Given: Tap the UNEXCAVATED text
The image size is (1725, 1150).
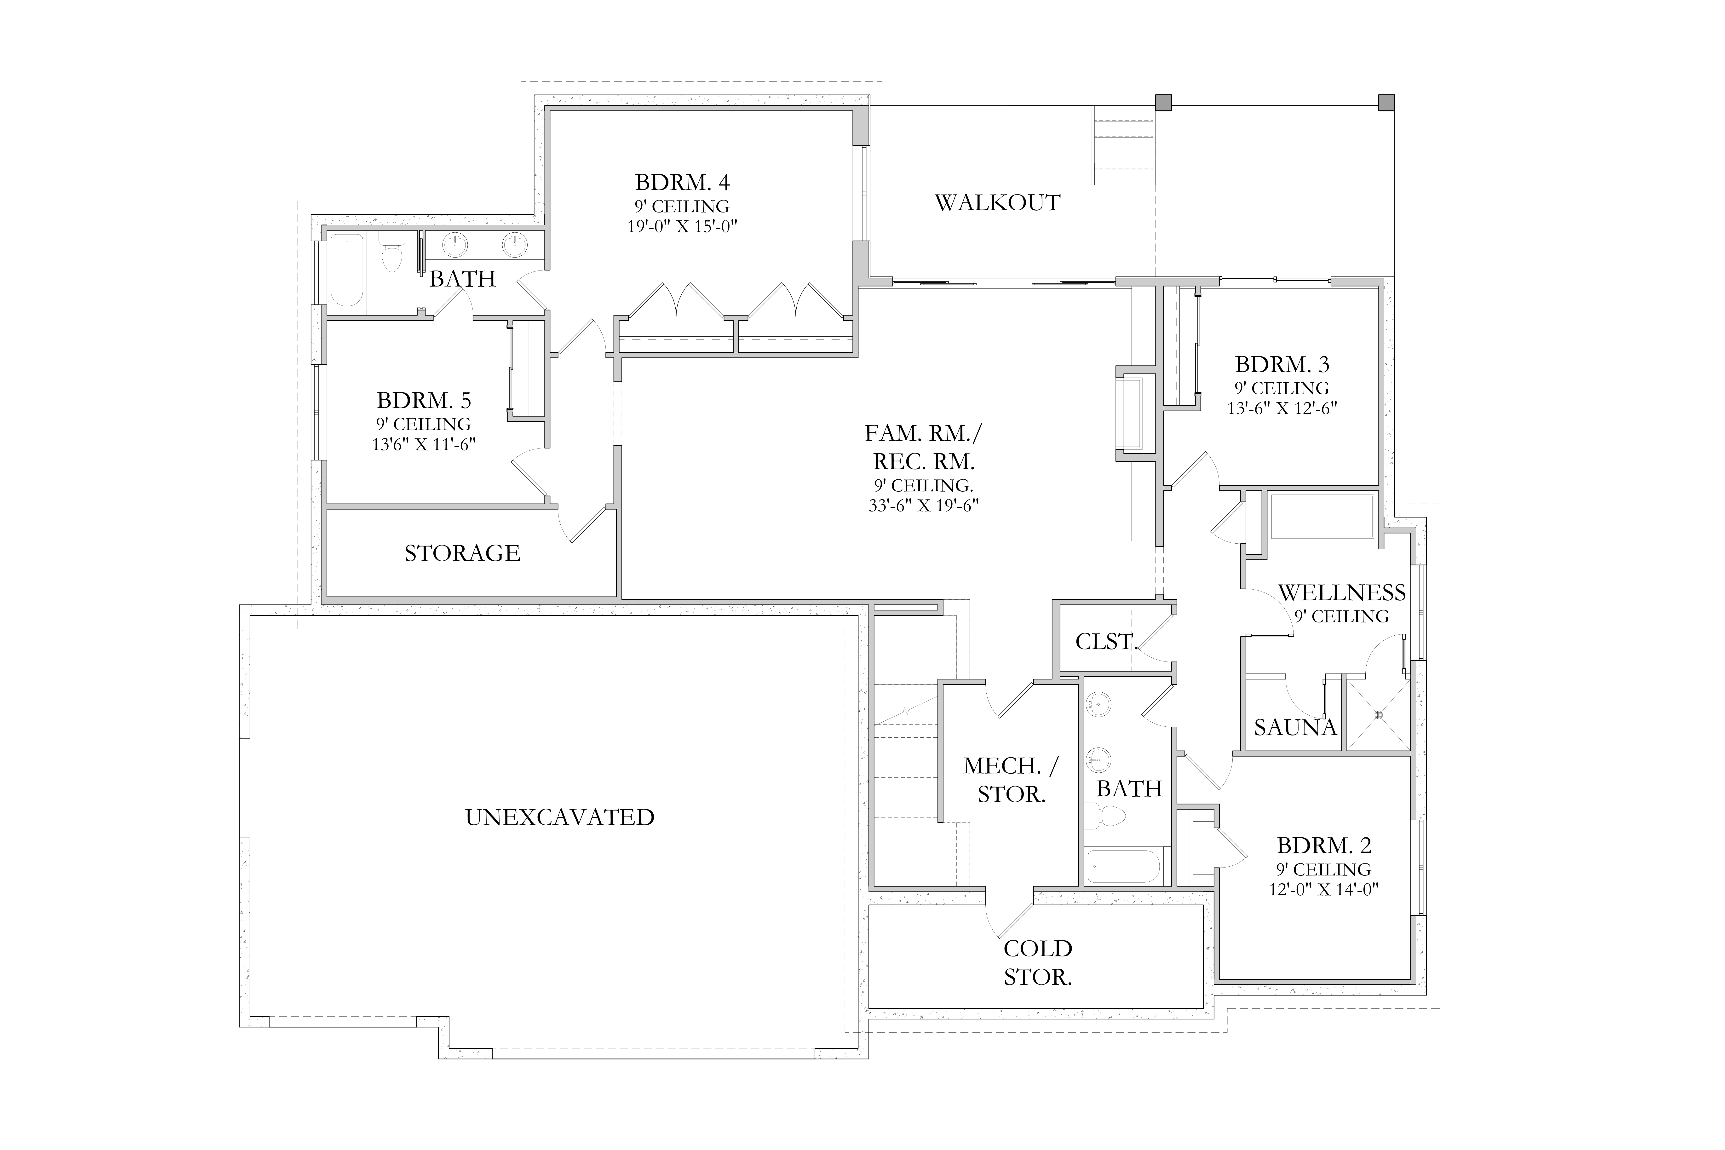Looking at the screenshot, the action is [x=560, y=817].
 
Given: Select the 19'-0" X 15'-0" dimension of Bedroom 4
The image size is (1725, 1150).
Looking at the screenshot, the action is [x=682, y=227].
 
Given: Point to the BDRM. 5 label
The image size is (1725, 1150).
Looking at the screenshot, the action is [x=424, y=400].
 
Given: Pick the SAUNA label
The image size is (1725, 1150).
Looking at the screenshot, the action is [x=1295, y=728].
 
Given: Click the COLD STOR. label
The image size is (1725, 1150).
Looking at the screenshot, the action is [x=1038, y=963].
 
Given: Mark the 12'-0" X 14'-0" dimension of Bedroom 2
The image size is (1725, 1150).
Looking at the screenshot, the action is [x=1325, y=890].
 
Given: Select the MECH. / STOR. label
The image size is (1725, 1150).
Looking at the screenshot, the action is [x=1011, y=780].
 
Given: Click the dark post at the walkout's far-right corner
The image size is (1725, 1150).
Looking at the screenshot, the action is [x=1386, y=103].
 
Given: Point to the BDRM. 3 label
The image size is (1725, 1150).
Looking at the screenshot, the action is [x=1282, y=364].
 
